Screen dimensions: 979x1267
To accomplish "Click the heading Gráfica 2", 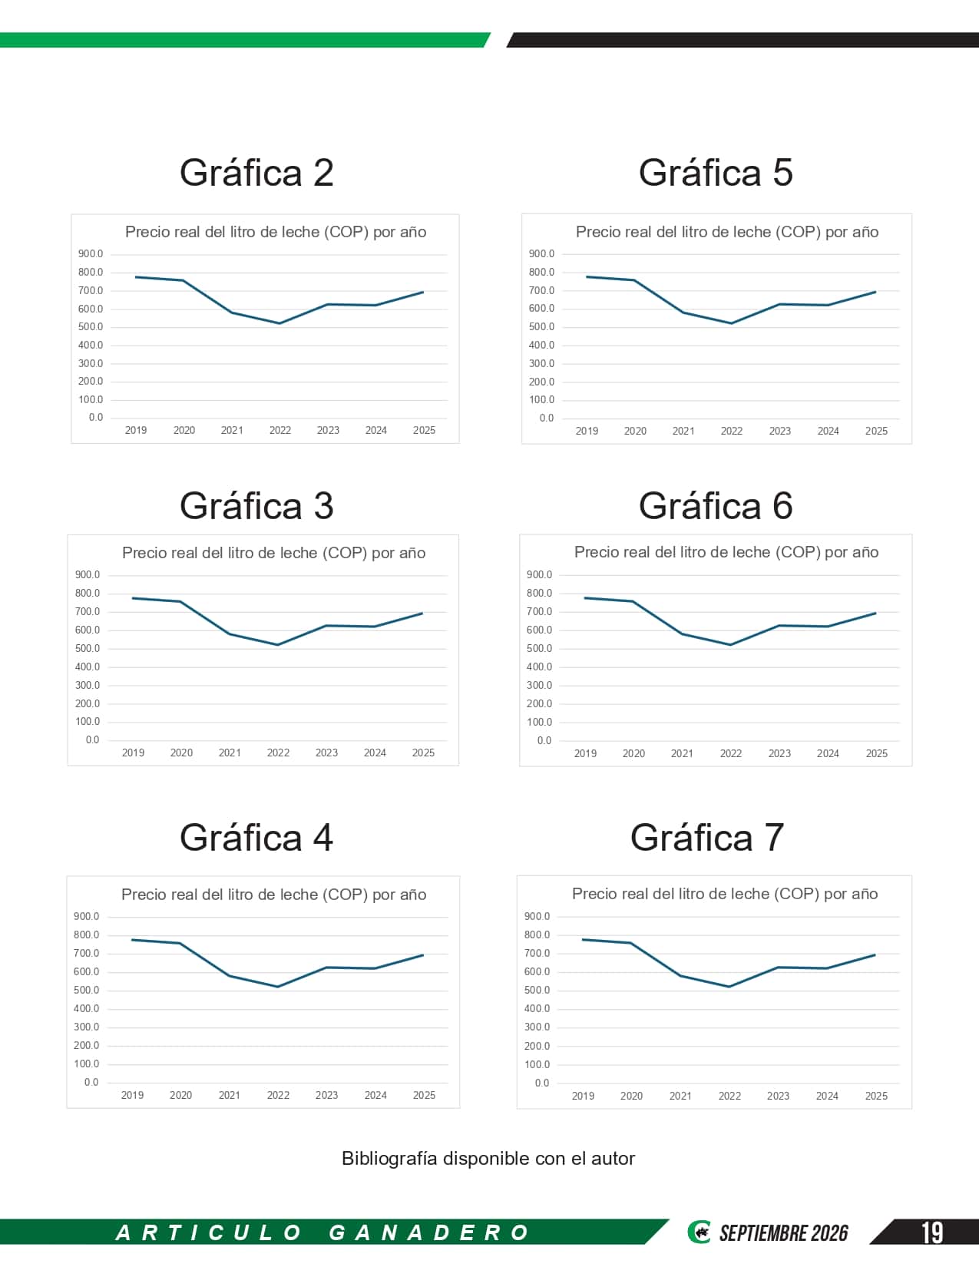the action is (x=256, y=173).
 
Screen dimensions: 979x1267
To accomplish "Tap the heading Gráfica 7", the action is (x=706, y=837).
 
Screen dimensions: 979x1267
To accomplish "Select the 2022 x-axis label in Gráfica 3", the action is (x=278, y=753).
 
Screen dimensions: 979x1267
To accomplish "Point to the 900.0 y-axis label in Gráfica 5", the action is (x=541, y=253).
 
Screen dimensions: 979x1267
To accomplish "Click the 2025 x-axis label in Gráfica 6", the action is (x=876, y=753).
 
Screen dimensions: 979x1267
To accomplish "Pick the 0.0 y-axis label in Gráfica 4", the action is (x=91, y=1082).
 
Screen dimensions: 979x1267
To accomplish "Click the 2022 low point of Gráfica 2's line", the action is (x=280, y=323).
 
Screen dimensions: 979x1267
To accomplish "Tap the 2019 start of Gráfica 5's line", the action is (x=587, y=276).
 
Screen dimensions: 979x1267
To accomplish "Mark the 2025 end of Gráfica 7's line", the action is (x=875, y=954).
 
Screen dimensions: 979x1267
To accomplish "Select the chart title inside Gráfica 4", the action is (x=273, y=895).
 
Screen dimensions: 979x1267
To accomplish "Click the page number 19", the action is (x=931, y=1232).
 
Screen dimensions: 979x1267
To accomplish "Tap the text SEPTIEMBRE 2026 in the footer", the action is (x=784, y=1233).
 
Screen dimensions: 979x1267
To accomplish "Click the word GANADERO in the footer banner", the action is (x=428, y=1232).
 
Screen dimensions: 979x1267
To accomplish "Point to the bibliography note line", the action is (x=488, y=1158).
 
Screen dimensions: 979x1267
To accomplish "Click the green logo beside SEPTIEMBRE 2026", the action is (x=699, y=1232).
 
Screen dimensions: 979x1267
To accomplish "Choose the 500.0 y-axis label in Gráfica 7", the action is (x=537, y=990).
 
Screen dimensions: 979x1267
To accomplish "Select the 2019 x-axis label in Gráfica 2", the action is (x=136, y=430).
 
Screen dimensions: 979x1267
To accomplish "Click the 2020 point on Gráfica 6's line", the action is (x=633, y=601).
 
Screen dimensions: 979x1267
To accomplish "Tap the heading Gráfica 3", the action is (x=256, y=505).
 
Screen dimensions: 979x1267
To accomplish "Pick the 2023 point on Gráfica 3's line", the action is (x=326, y=626).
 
